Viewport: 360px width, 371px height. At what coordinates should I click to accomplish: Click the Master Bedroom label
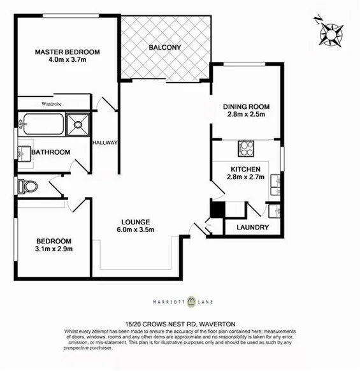pos(67,52)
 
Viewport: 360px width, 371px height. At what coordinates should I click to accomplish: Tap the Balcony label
pos(165,47)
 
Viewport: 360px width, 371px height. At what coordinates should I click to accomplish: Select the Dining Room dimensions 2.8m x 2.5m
pos(246,115)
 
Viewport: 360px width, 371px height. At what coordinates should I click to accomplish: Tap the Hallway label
pos(105,143)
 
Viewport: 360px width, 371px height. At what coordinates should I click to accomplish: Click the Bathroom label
pos(50,152)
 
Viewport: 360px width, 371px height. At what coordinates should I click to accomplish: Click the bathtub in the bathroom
pos(41,124)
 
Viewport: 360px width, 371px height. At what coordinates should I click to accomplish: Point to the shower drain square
pos(80,124)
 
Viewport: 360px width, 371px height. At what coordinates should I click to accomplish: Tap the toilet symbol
pos(28,186)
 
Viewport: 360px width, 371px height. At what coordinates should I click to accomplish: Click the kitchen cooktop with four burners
pos(247,149)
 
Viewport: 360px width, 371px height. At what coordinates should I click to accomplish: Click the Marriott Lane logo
pos(180,303)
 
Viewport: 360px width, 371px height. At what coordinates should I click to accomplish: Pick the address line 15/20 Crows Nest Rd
pos(180,324)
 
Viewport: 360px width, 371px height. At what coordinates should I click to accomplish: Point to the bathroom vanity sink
pos(24,152)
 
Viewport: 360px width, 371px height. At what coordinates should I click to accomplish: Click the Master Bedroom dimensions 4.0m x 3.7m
pos(67,61)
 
